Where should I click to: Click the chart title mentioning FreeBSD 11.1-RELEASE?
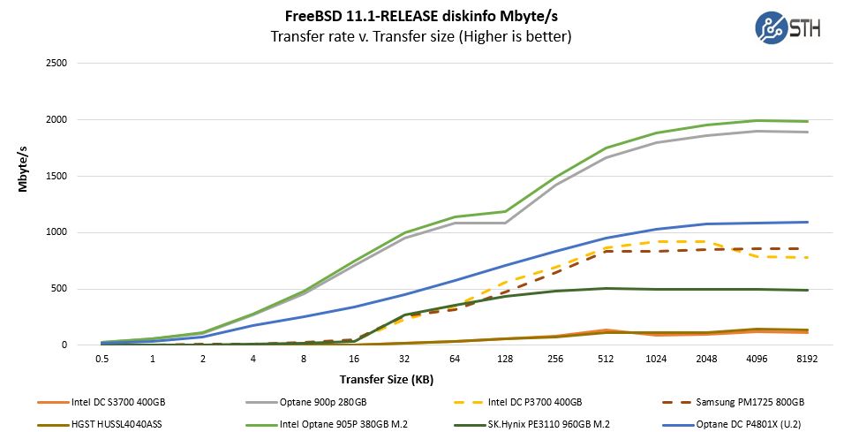[x=422, y=16]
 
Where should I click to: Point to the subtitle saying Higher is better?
[x=422, y=37]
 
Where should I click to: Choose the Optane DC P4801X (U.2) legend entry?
[x=749, y=422]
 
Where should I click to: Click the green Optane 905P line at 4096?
[x=757, y=120]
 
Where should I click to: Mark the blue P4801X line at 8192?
[x=807, y=222]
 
